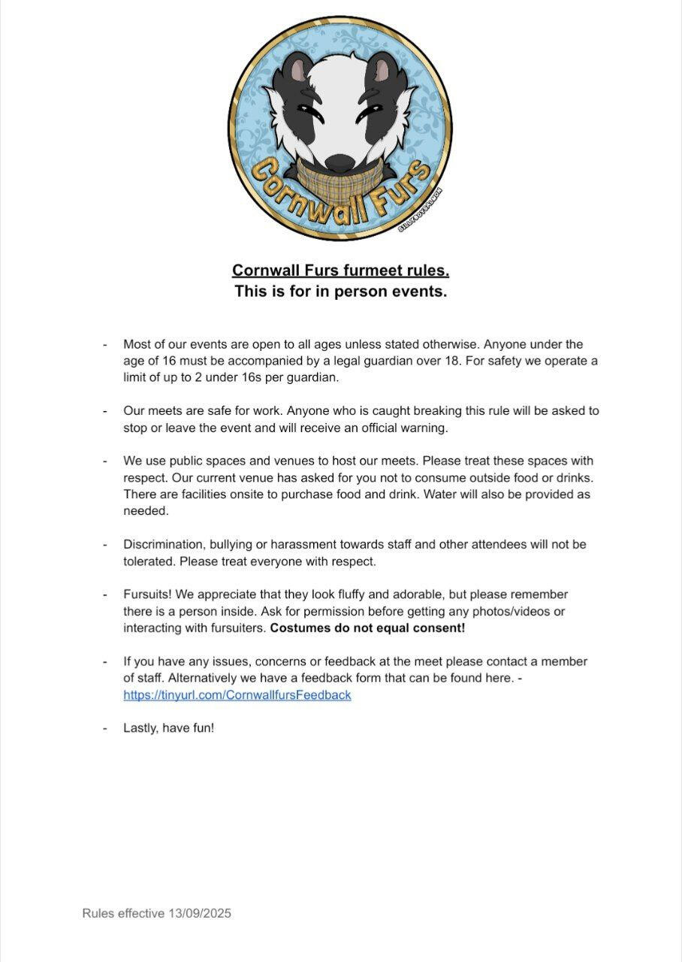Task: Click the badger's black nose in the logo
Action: pyautogui.click(x=340, y=162)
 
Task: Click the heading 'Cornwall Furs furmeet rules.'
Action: pyautogui.click(x=340, y=270)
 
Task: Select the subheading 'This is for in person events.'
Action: pyautogui.click(x=340, y=291)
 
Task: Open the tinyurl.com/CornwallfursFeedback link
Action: pyautogui.click(x=237, y=695)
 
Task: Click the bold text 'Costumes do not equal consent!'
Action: pyautogui.click(x=367, y=628)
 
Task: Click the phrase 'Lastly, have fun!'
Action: pyautogui.click(x=169, y=728)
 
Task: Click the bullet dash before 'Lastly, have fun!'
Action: pyautogui.click(x=105, y=728)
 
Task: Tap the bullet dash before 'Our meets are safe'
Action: pyautogui.click(x=105, y=411)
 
